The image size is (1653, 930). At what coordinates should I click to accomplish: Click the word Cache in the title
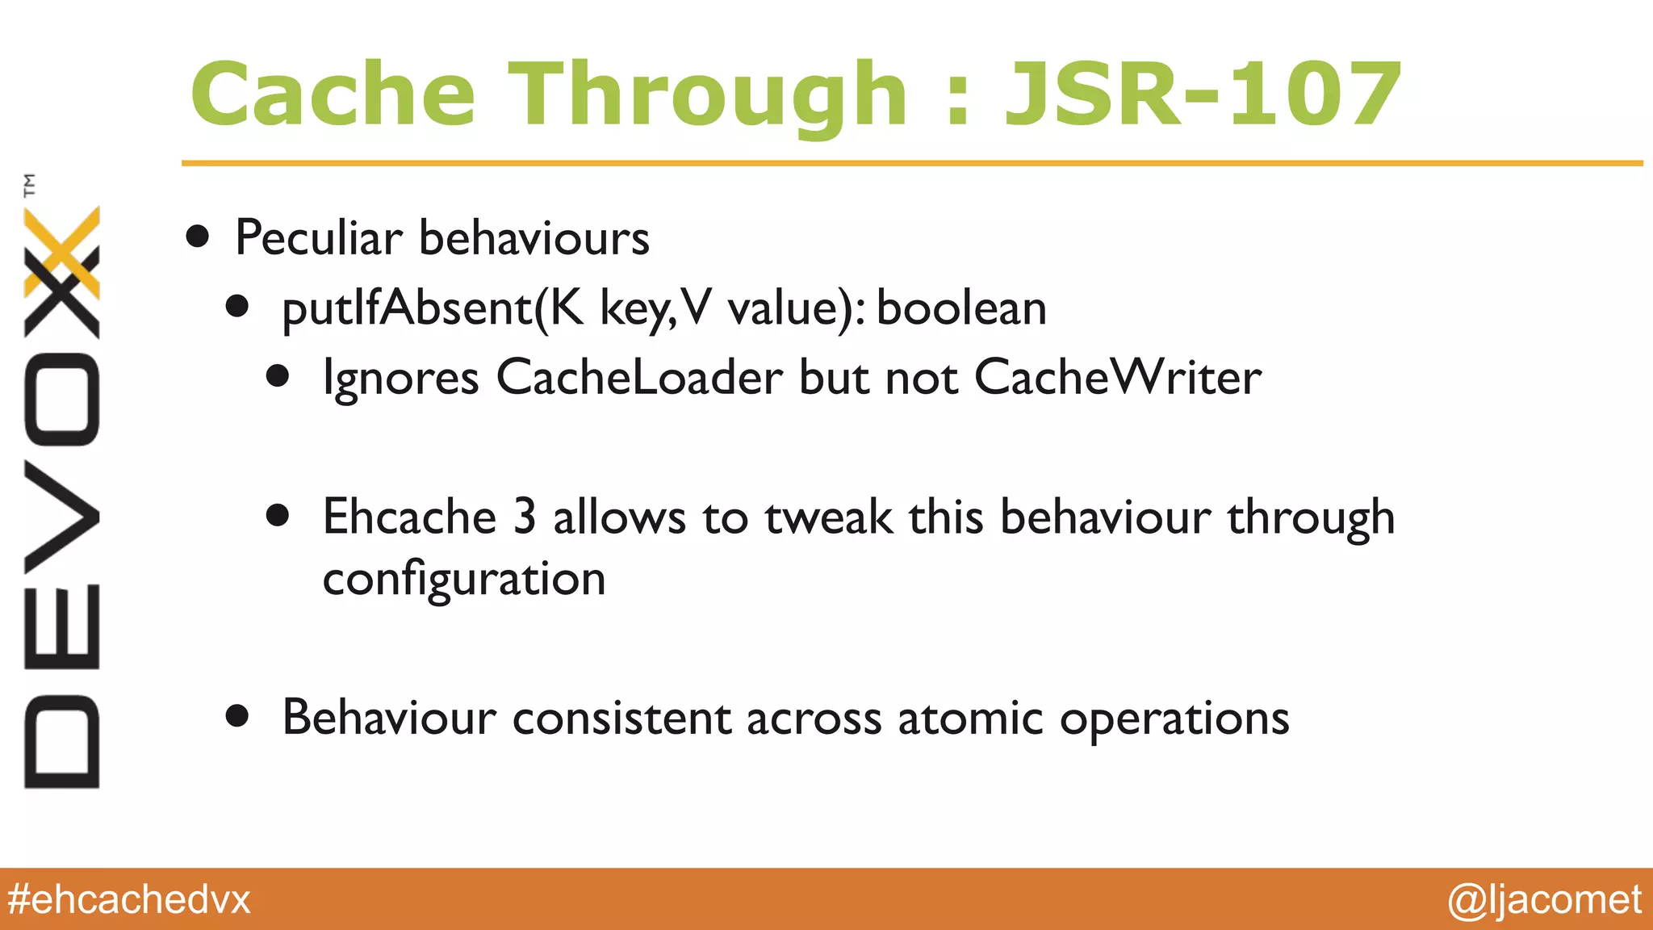333,95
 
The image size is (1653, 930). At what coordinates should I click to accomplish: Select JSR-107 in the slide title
1202,95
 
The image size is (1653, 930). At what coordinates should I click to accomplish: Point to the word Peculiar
318,238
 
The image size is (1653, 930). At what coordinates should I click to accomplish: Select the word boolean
961,308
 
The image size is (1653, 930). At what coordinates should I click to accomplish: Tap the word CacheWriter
1118,377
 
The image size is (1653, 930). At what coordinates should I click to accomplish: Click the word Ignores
400,379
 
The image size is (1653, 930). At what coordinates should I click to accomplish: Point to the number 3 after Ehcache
525,517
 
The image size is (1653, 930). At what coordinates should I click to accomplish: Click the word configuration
464,580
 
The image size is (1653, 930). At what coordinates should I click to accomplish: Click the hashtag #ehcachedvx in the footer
129,899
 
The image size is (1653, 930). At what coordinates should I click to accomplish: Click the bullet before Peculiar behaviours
198,237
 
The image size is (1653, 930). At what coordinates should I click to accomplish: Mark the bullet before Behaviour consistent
237,716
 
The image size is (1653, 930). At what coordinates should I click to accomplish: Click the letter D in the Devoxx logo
62,740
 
